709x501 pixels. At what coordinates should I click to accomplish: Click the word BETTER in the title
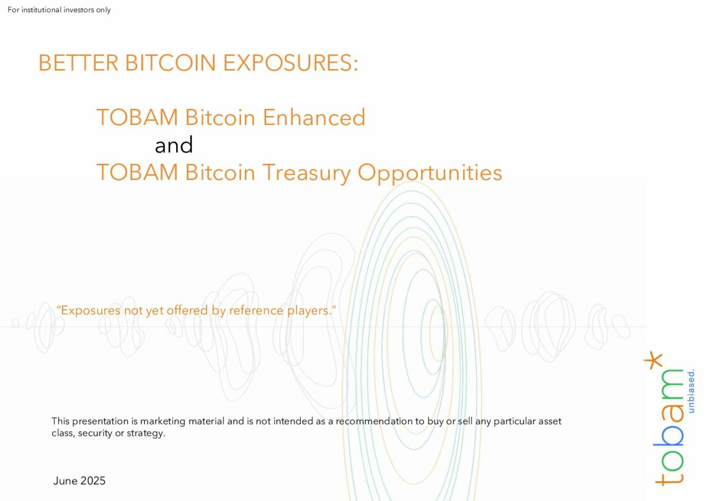pyautogui.click(x=79, y=63)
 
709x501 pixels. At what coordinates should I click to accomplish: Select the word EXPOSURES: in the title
pyautogui.click(x=291, y=63)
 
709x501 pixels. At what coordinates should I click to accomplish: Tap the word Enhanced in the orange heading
pyautogui.click(x=314, y=117)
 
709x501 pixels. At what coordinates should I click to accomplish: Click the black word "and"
pyautogui.click(x=174, y=144)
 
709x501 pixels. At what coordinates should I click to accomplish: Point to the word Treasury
pyautogui.click(x=306, y=173)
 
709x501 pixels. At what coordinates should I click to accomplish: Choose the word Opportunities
pyautogui.click(x=430, y=173)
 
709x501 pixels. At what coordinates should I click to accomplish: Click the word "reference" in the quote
pyautogui.click(x=256, y=310)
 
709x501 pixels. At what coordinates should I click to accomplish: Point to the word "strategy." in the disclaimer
pyautogui.click(x=146, y=433)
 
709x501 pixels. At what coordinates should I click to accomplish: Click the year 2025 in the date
pyautogui.click(x=93, y=481)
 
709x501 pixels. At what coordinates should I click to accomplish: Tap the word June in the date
pyautogui.click(x=65, y=481)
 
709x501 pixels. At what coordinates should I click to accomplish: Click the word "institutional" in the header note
pyautogui.click(x=41, y=10)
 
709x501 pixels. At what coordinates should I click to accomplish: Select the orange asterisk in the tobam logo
pyautogui.click(x=653, y=360)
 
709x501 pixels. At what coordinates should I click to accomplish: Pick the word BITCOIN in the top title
pyautogui.click(x=171, y=63)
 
